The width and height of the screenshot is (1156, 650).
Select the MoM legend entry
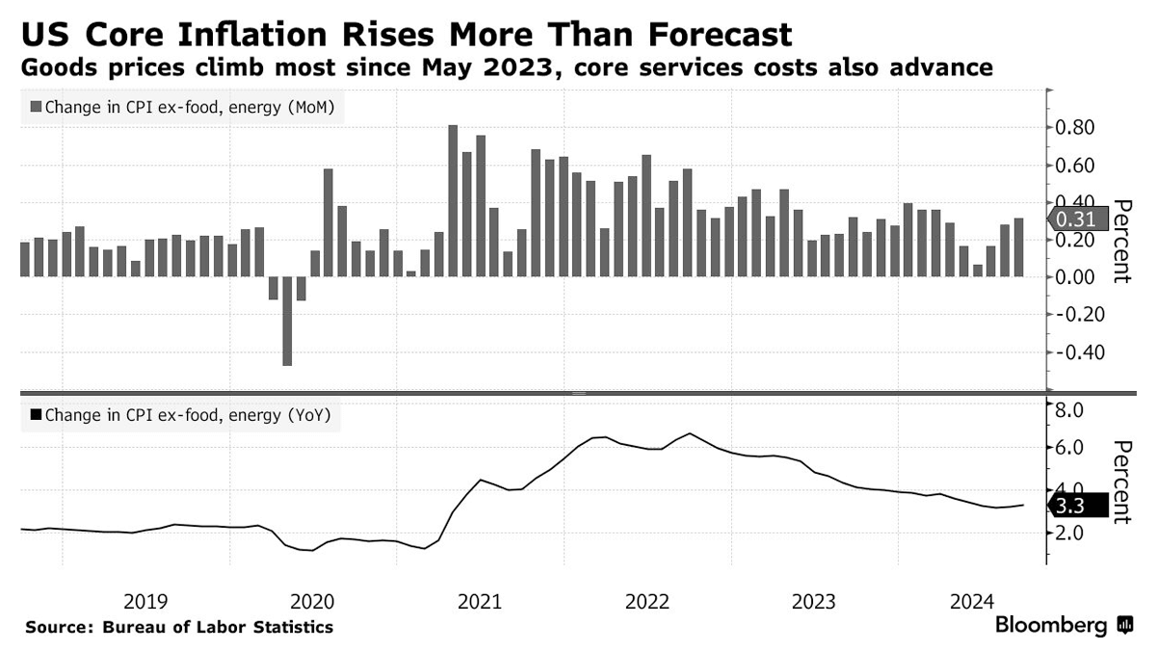[x=183, y=108]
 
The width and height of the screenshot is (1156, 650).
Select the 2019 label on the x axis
[x=145, y=602]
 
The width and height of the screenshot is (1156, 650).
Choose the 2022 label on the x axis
[x=646, y=602]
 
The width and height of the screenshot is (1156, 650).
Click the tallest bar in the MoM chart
[x=453, y=200]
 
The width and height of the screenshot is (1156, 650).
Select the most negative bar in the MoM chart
[x=287, y=321]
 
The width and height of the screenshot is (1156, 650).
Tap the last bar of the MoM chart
[x=1019, y=247]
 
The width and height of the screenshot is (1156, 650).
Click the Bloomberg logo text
[x=1051, y=626]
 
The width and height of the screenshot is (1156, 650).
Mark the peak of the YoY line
[x=691, y=433]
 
